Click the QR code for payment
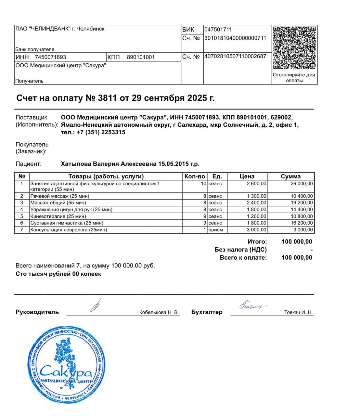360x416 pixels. [x=294, y=48]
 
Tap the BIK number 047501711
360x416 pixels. [x=218, y=30]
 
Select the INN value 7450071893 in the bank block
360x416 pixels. [x=50, y=57]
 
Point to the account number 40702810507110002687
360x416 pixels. [x=235, y=56]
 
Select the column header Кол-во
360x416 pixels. [x=195, y=176]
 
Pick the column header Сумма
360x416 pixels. [x=290, y=176]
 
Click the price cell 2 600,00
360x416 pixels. [x=256, y=184]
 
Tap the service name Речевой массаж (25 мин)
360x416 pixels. [x=60, y=196]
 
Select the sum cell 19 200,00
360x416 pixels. [x=302, y=203]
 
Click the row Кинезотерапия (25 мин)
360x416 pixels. [x=58, y=216]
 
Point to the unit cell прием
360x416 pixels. [x=216, y=230]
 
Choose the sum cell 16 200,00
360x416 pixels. [x=302, y=223]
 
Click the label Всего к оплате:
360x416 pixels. [x=243, y=258]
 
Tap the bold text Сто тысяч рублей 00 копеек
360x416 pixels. [x=58, y=274]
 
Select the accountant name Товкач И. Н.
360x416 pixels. [x=298, y=312]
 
